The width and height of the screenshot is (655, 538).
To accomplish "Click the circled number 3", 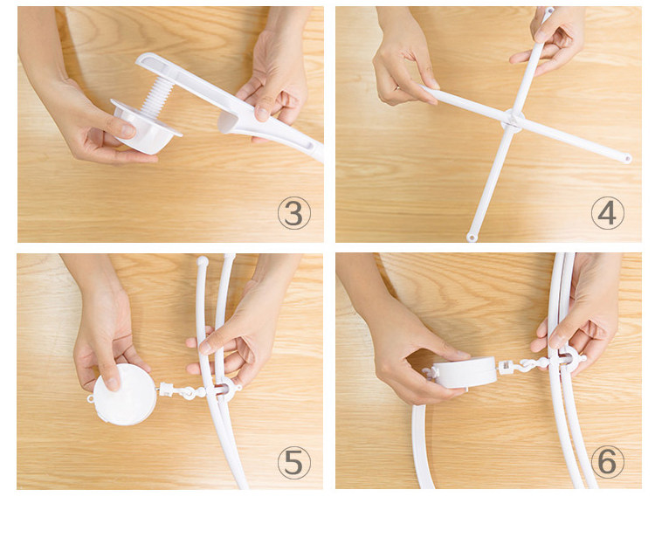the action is coord(294,213).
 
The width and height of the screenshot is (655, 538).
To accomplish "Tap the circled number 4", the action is coord(607,213).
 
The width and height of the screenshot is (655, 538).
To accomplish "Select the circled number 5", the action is coord(294,462).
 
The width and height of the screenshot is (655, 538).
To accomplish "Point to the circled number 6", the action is coord(607,462).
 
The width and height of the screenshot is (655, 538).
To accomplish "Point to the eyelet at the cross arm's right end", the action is coord(626,159).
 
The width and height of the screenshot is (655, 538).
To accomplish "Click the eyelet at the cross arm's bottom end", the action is coord(472,238).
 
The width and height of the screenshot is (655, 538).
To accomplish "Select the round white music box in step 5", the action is coord(125,395).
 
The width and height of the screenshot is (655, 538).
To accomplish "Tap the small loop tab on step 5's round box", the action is coord(91,399).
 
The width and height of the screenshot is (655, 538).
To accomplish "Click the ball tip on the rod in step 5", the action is coord(203,262).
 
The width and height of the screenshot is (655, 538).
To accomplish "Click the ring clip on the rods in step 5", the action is coord(224,389).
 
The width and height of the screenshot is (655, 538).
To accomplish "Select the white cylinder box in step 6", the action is coord(465,372).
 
